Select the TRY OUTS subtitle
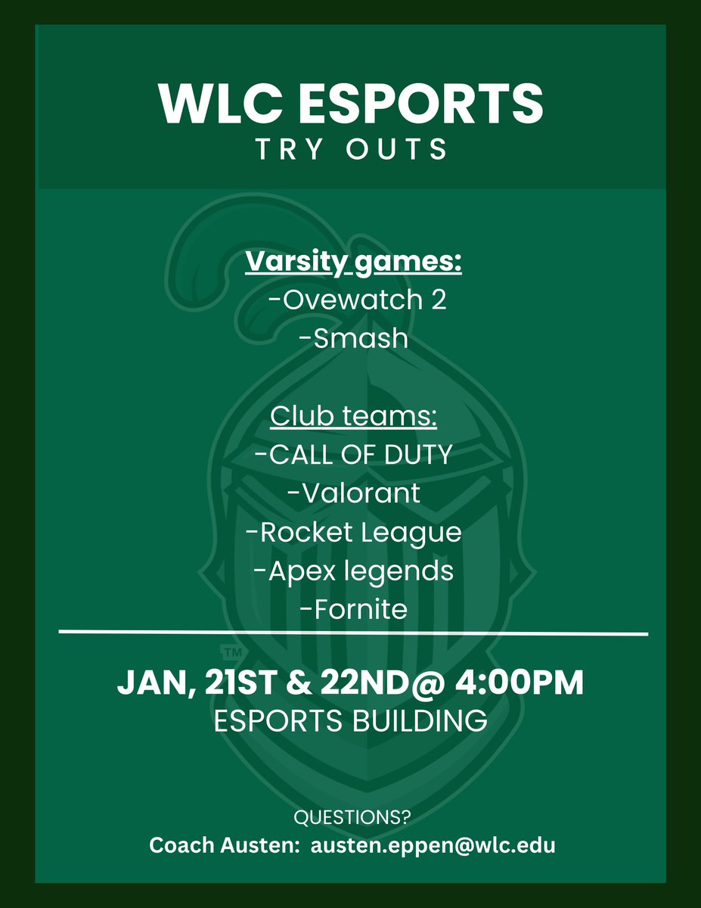351,149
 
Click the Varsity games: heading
353,264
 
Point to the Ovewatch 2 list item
357,300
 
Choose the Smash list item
353,338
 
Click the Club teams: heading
353,417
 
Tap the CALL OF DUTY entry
353,455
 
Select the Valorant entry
353,493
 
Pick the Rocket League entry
353,532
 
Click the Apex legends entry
353,571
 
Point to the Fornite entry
353,609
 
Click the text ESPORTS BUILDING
350,720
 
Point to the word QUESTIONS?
350,818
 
